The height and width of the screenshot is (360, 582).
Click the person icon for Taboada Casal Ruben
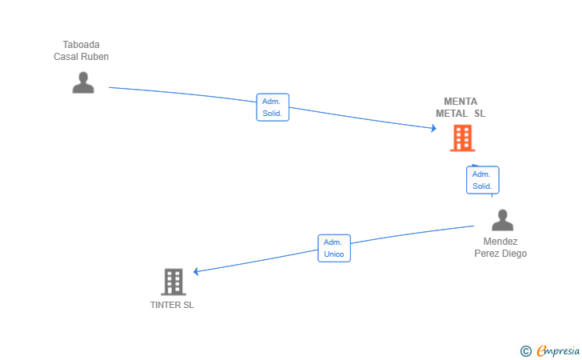point(83,82)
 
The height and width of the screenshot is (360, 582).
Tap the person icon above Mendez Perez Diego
point(502,220)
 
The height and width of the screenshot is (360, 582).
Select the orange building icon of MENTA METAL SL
point(462,138)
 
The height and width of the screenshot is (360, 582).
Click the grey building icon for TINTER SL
point(173,282)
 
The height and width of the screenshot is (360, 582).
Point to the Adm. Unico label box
point(334,248)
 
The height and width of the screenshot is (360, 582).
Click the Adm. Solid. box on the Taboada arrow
point(273,107)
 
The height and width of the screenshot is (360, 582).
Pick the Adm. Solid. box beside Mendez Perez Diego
point(483,180)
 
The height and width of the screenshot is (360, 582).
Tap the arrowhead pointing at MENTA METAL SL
point(433,129)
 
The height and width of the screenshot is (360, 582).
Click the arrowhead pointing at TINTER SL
point(196,271)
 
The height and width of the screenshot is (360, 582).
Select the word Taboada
point(82,45)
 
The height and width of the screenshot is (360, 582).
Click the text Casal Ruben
point(82,57)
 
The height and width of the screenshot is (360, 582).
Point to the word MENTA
point(460,102)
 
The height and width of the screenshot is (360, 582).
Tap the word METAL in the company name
point(452,114)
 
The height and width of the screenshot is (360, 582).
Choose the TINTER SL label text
point(172,305)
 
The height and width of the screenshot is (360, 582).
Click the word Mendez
point(500,242)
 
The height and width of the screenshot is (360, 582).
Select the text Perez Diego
point(500,254)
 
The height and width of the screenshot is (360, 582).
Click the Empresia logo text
point(558,350)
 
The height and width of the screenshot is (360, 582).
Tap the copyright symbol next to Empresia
point(525,351)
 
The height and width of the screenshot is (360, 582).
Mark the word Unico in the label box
point(334,254)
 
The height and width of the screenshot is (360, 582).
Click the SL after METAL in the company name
point(480,114)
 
